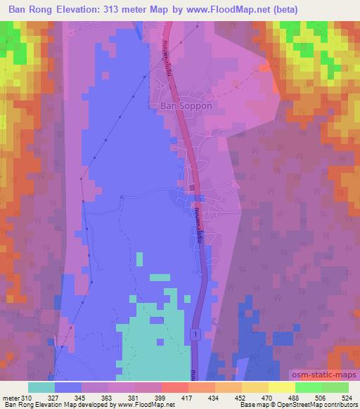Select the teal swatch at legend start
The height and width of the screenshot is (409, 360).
(x=41, y=387)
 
